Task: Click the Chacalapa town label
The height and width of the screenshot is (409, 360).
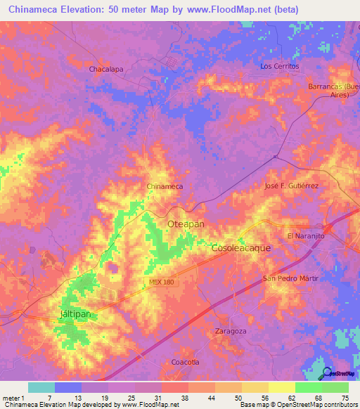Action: click(x=106, y=70)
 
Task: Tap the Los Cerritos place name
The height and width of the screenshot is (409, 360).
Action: click(x=280, y=66)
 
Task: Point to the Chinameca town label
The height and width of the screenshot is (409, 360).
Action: click(x=165, y=186)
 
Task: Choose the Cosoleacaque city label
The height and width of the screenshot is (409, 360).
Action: click(x=241, y=248)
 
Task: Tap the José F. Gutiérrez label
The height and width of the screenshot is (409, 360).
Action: click(x=291, y=186)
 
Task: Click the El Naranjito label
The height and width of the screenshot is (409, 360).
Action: click(x=306, y=236)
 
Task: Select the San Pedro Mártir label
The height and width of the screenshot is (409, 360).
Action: click(x=290, y=279)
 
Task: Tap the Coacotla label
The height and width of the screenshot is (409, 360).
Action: click(x=186, y=361)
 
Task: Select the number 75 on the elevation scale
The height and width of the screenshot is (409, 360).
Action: click(x=345, y=399)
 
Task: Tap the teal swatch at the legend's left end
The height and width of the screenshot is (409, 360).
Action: click(x=41, y=387)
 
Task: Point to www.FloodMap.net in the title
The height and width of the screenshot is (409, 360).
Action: click(x=231, y=10)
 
